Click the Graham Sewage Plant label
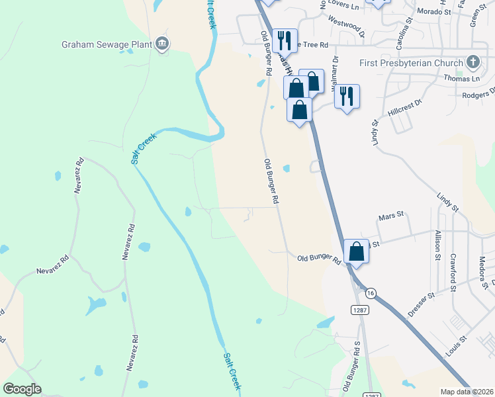coord(107,45)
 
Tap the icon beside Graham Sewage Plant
coord(162,45)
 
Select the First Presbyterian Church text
coord(411,63)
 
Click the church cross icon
coord(472,63)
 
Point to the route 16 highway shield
coord(370,292)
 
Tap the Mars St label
coord(390,216)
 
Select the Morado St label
coord(433,11)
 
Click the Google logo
coord(22,389)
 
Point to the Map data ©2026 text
coord(467,392)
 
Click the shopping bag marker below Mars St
coord(356,251)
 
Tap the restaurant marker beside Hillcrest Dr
coord(346,97)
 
